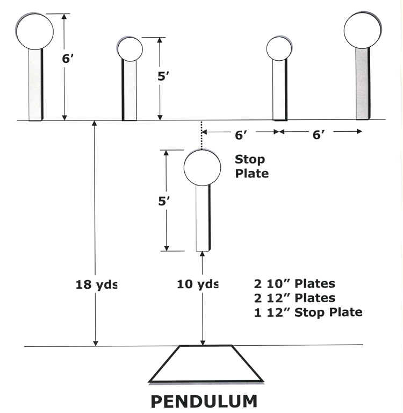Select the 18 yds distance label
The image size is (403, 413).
click(96, 284)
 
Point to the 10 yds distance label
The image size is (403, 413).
click(198, 284)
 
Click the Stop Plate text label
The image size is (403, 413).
click(251, 166)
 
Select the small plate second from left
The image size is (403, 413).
click(130, 49)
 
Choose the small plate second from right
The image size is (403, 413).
click(279, 48)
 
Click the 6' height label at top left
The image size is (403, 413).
click(68, 59)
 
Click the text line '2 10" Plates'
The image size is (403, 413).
click(294, 284)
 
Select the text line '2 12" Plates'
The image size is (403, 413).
click(294, 298)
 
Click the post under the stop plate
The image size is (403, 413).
click(203, 217)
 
